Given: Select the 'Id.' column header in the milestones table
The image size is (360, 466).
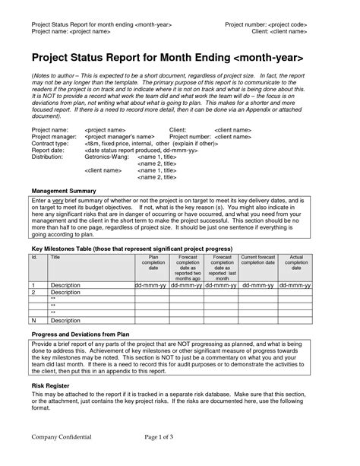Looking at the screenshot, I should point(35,258).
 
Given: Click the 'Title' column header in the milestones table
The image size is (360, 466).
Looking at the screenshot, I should point(55,258).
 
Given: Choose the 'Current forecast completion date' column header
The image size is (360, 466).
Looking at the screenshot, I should point(262,261).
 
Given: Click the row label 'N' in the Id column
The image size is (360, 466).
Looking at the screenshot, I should point(34,321).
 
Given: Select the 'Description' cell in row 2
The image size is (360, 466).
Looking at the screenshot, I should point(65,292).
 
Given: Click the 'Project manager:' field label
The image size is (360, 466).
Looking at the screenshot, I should point(54,136).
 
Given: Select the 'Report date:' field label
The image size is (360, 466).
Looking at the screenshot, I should point(49,151).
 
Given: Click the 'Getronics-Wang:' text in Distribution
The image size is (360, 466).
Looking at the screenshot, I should point(106,157).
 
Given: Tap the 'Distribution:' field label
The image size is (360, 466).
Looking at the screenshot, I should point(49,157).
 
